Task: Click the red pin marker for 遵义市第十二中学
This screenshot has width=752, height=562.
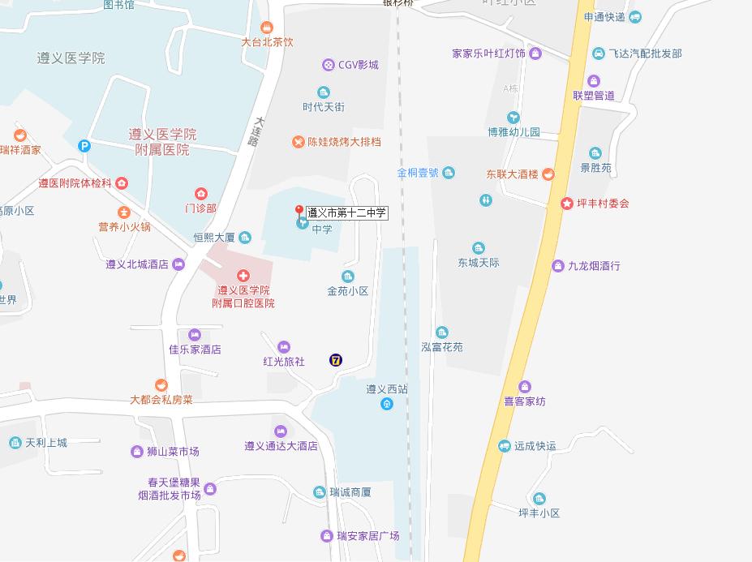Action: tap(299, 211)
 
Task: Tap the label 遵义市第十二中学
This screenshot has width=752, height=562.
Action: tap(346, 213)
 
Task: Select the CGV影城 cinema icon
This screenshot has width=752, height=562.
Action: tap(328, 64)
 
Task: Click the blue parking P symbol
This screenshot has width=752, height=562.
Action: tap(84, 146)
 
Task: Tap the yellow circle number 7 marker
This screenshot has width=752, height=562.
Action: tap(336, 360)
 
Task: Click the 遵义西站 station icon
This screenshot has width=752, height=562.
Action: tap(387, 404)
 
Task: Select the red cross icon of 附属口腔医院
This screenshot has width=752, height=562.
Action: tap(243, 277)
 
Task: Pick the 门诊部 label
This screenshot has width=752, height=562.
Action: tap(200, 208)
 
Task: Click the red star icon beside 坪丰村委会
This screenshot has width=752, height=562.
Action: tap(566, 203)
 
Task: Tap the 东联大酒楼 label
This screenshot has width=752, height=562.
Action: tap(512, 174)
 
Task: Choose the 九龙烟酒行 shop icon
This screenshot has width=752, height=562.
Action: tap(557, 266)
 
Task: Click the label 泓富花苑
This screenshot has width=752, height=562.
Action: tap(441, 347)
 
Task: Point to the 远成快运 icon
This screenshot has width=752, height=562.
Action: tap(504, 446)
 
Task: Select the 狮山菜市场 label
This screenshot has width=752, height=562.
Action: tap(172, 452)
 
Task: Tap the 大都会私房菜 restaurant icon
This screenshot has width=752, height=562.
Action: tap(161, 385)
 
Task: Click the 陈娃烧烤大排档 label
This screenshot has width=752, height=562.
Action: tap(344, 142)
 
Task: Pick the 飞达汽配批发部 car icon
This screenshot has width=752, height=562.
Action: tap(599, 54)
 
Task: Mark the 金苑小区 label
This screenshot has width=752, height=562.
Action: tap(347, 291)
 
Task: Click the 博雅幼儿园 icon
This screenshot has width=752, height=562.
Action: tap(513, 118)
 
